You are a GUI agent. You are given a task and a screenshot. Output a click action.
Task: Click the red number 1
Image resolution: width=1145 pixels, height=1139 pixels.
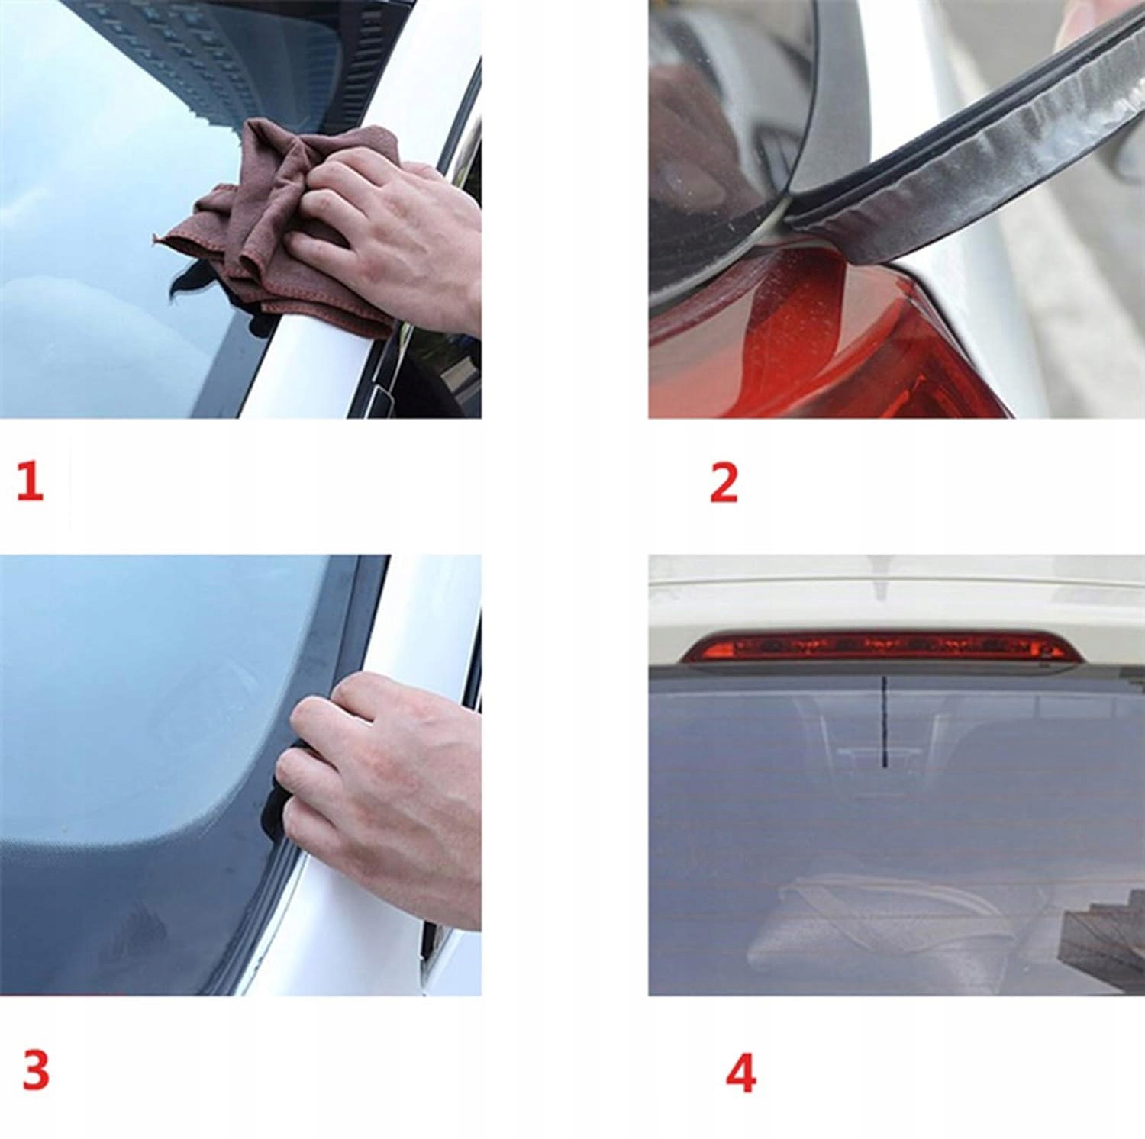31,482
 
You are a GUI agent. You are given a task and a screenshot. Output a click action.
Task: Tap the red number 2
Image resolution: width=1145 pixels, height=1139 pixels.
724,482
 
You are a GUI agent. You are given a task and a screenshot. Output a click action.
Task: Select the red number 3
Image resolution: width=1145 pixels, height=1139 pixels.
36,1070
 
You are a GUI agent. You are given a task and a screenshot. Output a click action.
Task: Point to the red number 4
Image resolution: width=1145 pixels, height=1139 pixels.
740,1073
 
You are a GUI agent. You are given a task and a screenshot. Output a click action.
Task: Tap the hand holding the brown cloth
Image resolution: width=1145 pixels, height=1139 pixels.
389,236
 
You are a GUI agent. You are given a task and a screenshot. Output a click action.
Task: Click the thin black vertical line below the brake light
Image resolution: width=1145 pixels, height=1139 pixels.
884,721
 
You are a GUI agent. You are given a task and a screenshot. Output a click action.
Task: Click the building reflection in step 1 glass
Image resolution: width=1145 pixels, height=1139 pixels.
229,53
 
